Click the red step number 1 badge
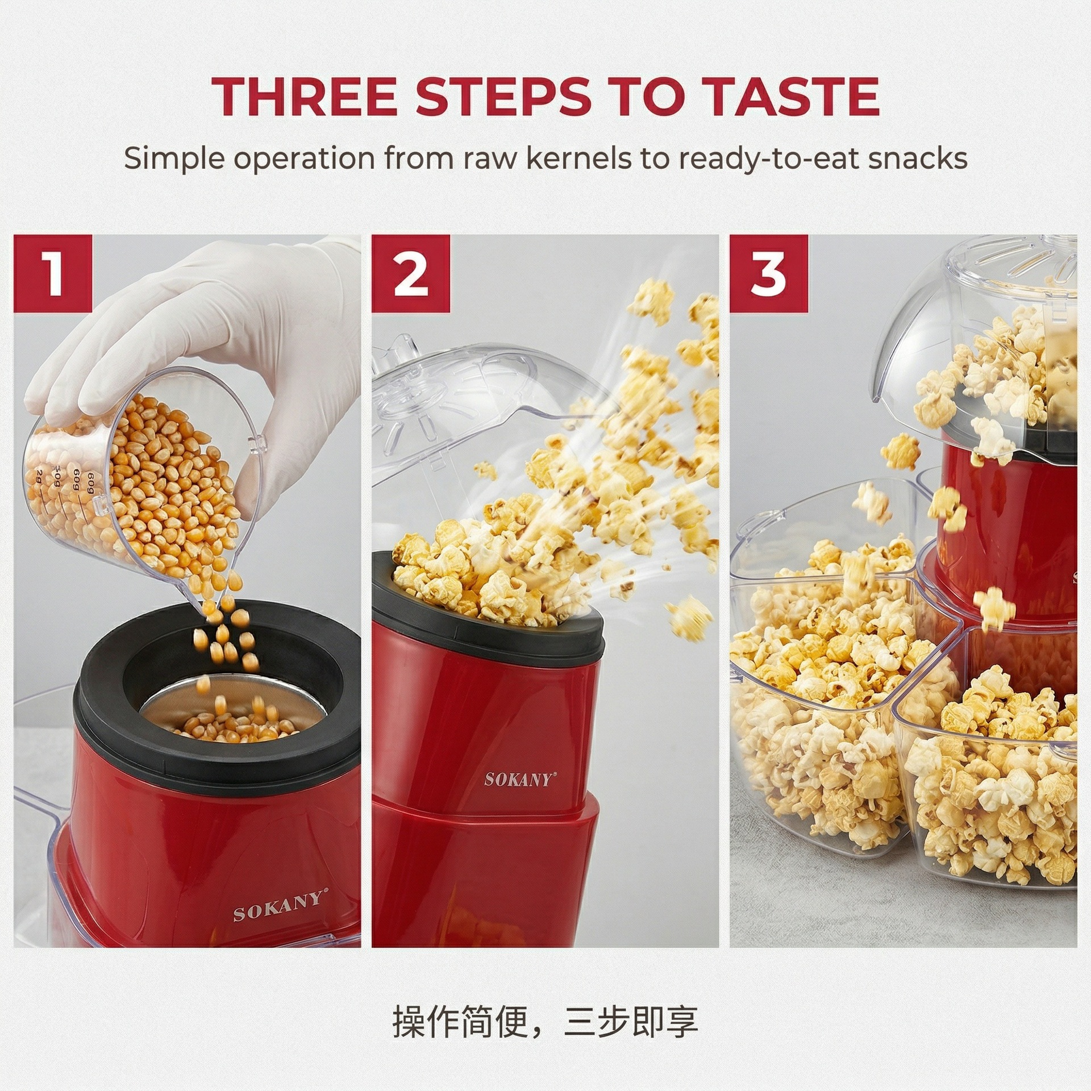tap(53, 273)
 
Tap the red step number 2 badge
tap(411, 273)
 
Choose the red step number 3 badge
tap(768, 273)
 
